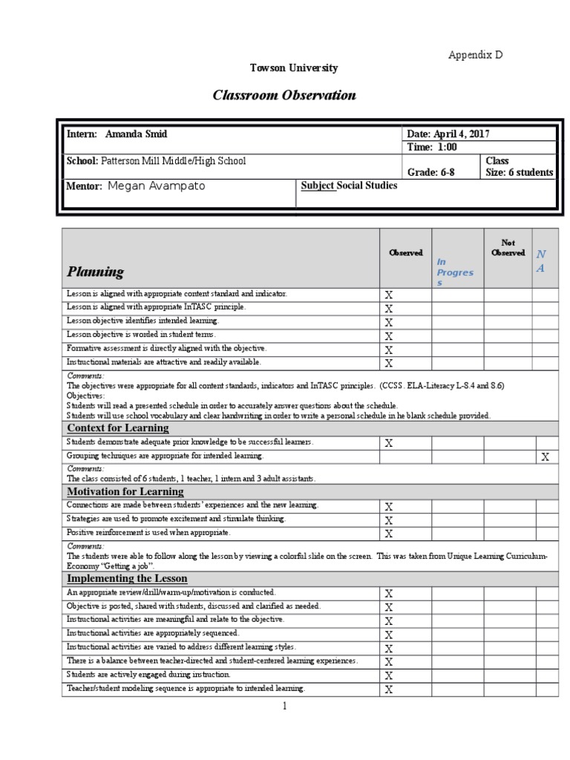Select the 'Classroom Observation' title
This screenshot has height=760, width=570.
pos(284,95)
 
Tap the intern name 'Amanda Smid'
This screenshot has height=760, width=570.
pos(136,134)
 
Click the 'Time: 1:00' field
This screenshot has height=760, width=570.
pos(432,147)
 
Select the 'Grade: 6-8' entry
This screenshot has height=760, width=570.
pos(431,172)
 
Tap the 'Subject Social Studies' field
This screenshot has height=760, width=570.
pos(349,186)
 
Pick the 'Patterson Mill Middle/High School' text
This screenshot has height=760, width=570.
pos(173,160)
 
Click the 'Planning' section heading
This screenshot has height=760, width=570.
pos(96,272)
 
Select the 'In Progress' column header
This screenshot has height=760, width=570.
pos(454,272)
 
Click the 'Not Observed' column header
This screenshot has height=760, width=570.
pos(508,248)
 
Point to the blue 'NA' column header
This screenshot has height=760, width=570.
pos(541,261)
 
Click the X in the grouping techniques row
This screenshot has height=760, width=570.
pos(545,457)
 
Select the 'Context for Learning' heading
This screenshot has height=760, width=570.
pos(118,428)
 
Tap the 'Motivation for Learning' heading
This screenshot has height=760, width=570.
pos(125,491)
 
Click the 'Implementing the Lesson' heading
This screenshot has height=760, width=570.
pos(127,578)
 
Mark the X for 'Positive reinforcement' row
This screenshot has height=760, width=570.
pos(388,534)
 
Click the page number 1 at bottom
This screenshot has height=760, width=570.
pos(284,707)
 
